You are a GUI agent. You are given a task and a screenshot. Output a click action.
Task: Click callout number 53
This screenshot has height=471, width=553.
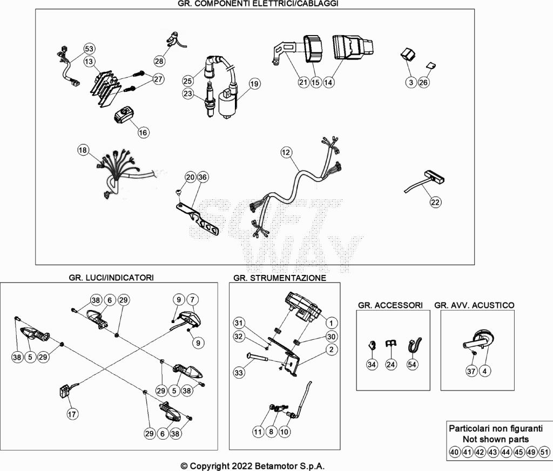[89, 49]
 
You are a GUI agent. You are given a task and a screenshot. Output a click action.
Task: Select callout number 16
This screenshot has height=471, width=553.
[143, 133]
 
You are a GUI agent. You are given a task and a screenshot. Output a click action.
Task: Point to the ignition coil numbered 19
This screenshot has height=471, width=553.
[227, 102]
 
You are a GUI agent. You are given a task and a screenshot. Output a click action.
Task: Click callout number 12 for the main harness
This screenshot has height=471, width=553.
[286, 152]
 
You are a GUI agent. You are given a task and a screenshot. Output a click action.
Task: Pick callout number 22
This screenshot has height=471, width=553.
[435, 202]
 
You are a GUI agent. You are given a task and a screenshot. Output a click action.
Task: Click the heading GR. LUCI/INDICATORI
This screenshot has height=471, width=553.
[111, 278]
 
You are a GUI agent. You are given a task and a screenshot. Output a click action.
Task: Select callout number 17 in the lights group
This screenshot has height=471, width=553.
[72, 414]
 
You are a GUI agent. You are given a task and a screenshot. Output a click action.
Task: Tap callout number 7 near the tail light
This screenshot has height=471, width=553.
[192, 300]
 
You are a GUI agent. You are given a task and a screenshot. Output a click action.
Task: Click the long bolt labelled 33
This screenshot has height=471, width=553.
[258, 358]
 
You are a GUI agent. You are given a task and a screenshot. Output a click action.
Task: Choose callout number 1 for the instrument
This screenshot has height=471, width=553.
[331, 323]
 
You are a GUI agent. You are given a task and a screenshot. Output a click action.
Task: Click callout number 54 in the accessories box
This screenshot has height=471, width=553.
[412, 365]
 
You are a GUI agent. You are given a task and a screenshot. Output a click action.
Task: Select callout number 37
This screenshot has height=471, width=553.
[471, 371]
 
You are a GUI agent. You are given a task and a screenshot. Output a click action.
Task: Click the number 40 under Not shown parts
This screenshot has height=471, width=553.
[455, 452]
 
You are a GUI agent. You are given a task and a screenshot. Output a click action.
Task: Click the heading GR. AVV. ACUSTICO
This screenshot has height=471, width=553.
[474, 305]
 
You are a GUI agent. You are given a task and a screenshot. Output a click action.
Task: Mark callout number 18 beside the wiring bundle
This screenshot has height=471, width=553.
[83, 150]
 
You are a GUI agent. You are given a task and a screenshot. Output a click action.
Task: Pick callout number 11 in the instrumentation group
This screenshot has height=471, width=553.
[259, 432]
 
